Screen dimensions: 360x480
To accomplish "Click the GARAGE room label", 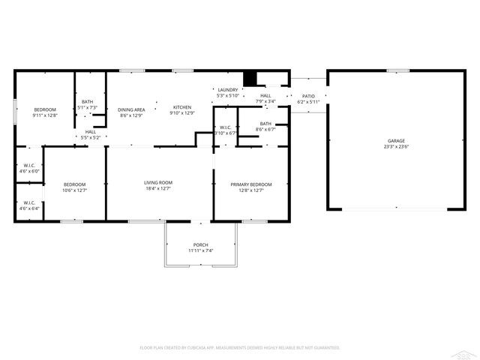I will point(396,141).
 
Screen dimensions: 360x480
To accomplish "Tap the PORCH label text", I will point(200,245).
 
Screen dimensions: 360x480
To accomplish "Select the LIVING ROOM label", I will point(158,183).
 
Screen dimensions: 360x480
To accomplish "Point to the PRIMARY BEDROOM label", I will point(250,184).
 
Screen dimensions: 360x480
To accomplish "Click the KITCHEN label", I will point(183,108).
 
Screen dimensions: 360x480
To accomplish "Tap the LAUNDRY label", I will point(227,91).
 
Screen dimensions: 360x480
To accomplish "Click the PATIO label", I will point(308,96).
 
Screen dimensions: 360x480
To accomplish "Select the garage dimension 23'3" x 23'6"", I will point(396,147).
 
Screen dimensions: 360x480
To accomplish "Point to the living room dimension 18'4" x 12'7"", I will point(158,189).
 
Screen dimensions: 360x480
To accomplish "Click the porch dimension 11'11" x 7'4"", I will point(200,251).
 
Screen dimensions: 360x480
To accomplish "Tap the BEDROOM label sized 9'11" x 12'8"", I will point(44,110).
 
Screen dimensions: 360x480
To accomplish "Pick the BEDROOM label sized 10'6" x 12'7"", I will point(74,184).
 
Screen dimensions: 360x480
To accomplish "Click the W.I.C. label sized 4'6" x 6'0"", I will point(29,166).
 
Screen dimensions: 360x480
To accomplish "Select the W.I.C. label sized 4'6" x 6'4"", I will point(29,202).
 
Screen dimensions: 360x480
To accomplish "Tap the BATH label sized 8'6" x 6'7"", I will point(265,124).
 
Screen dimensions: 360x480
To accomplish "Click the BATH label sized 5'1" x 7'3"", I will point(88,102).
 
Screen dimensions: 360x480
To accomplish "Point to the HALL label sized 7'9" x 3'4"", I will point(265,96).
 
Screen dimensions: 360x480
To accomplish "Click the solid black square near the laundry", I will point(251,79).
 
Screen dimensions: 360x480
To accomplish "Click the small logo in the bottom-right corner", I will point(467,351).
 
